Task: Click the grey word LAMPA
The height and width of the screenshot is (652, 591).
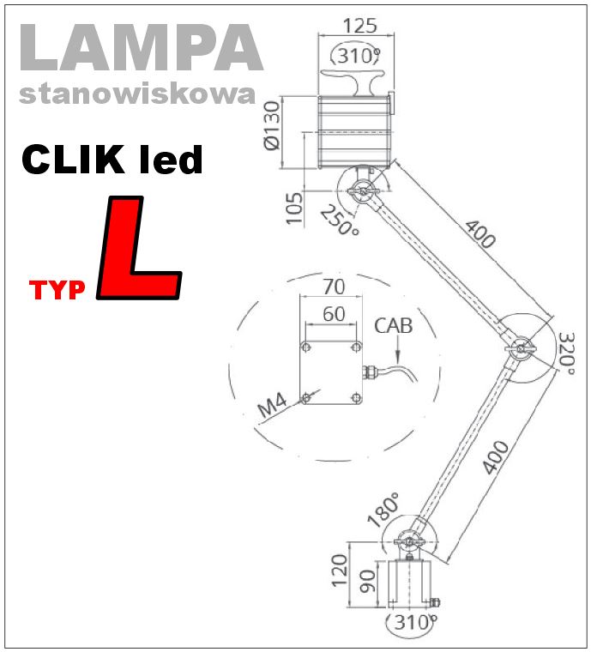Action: tap(139, 49)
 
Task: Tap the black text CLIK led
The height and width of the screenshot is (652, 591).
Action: tap(112, 160)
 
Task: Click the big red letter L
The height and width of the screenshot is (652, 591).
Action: tap(139, 249)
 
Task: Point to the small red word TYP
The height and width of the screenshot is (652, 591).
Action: tap(58, 291)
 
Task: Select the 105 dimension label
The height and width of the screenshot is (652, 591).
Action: tap(294, 208)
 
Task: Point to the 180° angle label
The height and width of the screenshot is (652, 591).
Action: tap(384, 510)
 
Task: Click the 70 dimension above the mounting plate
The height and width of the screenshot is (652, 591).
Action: tap(333, 286)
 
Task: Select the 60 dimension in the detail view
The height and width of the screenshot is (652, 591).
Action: tap(333, 313)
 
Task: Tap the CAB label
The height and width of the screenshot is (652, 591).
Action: tap(393, 326)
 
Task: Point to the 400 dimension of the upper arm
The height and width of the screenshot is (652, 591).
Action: tap(480, 233)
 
